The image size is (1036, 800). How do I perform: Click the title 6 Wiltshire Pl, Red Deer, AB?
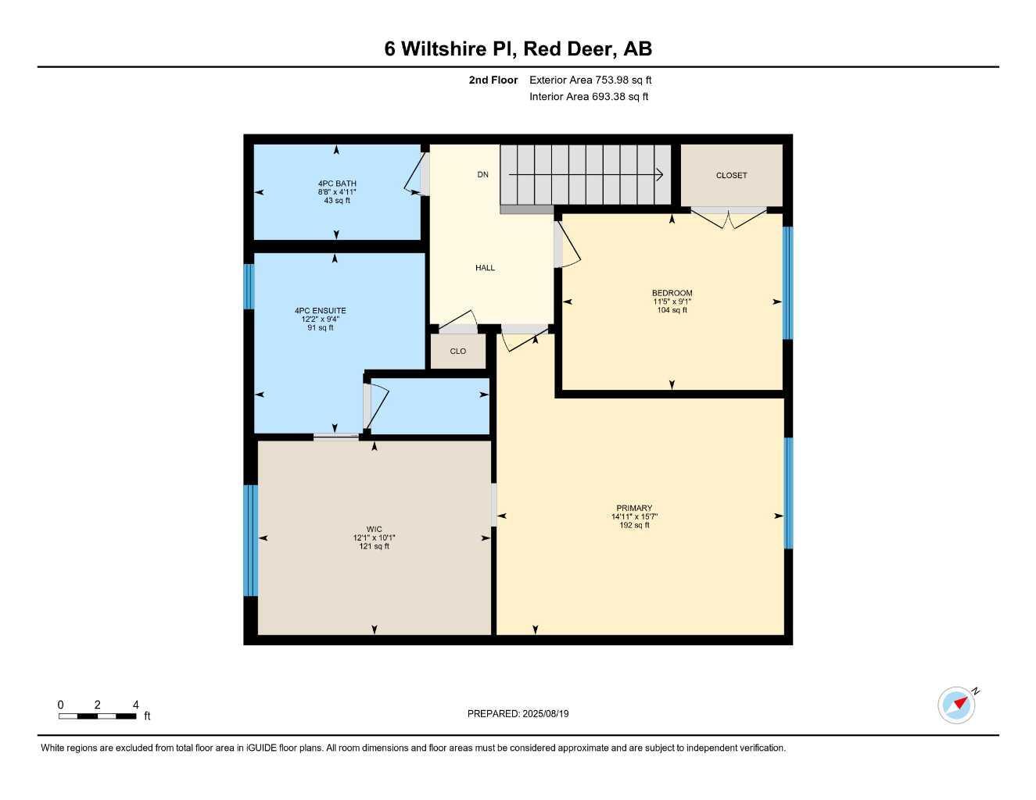click(518, 48)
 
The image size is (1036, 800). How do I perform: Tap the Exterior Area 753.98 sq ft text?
click(590, 80)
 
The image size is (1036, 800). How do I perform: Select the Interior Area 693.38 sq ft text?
click(589, 97)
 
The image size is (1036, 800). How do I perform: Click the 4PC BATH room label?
click(337, 184)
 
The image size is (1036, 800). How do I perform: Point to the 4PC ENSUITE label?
click(320, 311)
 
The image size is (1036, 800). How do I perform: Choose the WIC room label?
click(374, 529)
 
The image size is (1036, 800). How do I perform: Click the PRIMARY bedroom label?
click(633, 508)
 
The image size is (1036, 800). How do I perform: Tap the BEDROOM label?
click(672, 293)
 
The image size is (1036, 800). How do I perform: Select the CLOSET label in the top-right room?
click(731, 176)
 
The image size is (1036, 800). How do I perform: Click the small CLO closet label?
click(457, 352)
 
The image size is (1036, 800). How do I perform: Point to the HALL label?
click(485, 268)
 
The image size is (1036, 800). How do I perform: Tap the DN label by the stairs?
click(483, 175)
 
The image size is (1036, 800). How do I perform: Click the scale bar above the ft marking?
click(98, 716)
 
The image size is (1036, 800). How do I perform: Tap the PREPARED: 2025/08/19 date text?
click(518, 714)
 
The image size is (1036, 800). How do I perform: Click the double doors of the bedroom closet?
click(729, 218)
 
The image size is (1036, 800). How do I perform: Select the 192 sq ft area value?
click(633, 525)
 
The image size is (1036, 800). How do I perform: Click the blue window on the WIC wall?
click(250, 541)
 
